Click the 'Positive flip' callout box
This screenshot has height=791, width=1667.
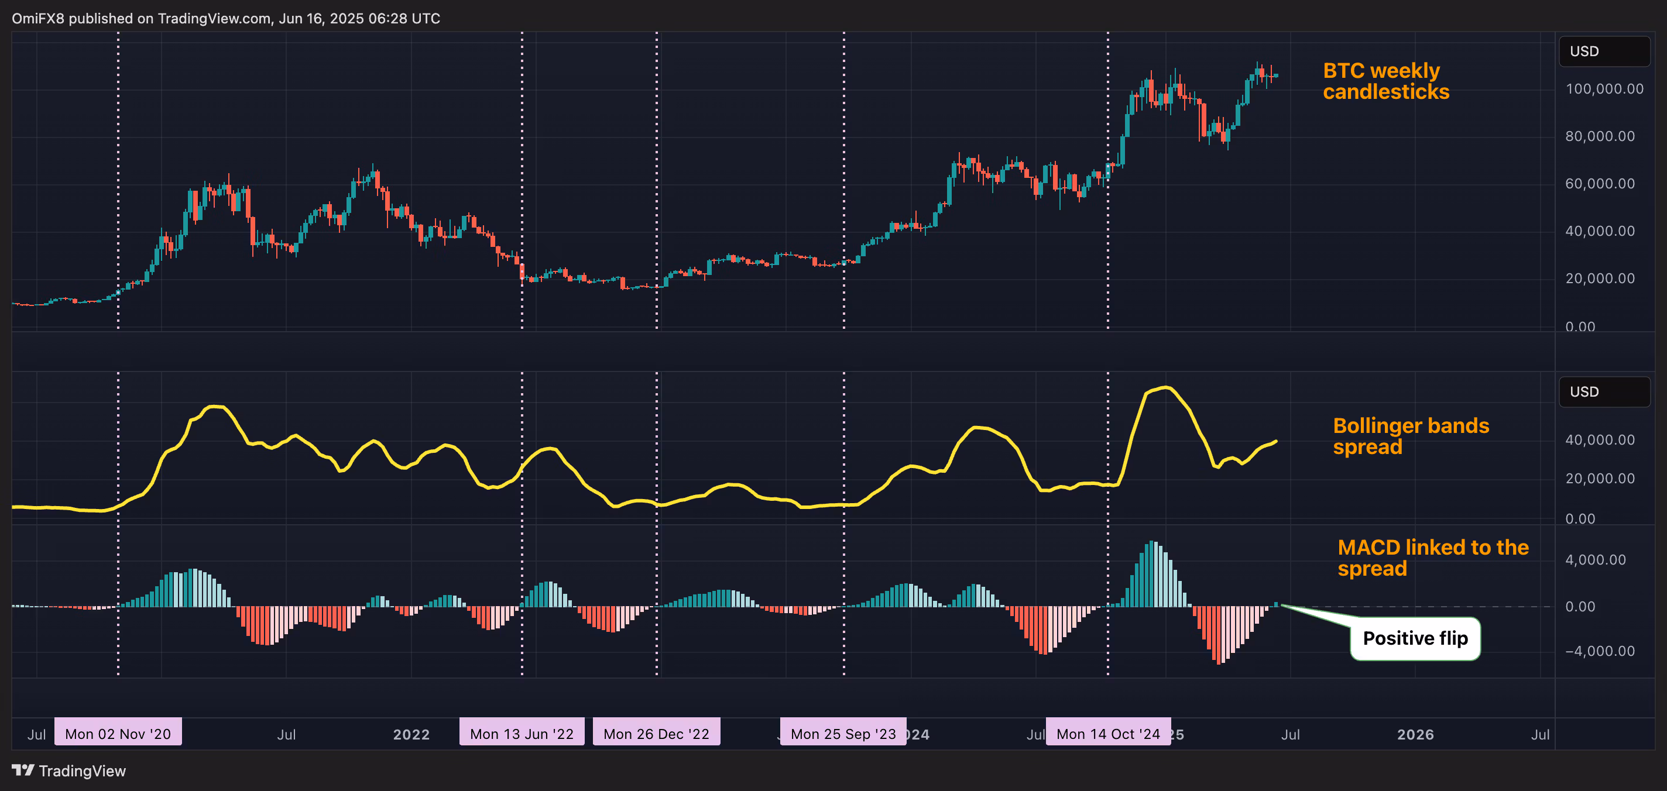point(1415,638)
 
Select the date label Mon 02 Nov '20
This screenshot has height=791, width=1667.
point(118,734)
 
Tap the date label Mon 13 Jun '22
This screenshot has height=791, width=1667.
point(522,734)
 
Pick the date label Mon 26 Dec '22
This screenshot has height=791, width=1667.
point(656,734)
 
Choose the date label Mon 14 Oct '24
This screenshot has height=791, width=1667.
point(1108,734)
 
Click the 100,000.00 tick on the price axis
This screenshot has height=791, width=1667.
point(1604,90)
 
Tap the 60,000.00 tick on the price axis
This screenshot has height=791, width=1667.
point(1599,184)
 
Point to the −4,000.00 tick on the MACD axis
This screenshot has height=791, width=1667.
point(1599,651)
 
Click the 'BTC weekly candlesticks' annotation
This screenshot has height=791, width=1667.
point(1385,81)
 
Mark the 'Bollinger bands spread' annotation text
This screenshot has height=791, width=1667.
point(1410,436)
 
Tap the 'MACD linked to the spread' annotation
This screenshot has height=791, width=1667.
point(1432,558)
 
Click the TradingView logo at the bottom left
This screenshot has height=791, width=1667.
point(68,771)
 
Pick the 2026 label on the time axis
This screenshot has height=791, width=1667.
point(1415,734)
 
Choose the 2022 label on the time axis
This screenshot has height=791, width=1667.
point(411,734)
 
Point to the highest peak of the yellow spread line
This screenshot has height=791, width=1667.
point(1165,387)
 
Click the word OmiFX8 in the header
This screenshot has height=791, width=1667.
point(37,18)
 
